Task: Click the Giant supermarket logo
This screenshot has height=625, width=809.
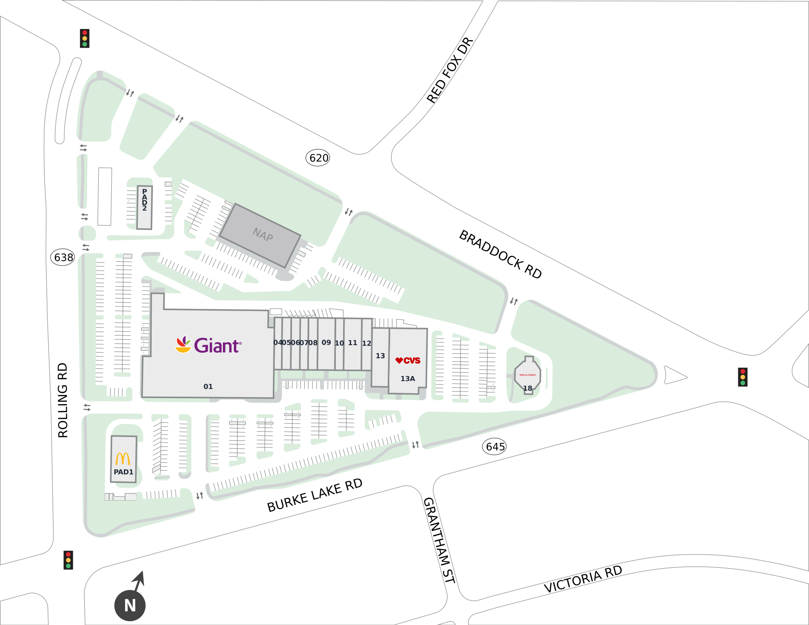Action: coord(209,345)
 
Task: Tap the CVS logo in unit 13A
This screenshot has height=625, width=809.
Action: coord(407,360)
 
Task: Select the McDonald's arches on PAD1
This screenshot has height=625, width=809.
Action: coord(123,459)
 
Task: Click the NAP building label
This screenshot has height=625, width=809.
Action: coord(263,235)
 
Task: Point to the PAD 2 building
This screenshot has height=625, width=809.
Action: coord(145,207)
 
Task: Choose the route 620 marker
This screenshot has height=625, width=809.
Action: coord(318,158)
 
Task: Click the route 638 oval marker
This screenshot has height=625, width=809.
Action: coord(63,257)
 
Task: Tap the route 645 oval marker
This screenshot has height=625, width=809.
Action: coord(494,447)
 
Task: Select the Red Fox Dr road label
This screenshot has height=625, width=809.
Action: coord(450,70)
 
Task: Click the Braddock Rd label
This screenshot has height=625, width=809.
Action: coord(500,254)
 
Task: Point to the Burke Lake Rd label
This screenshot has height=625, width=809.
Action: coord(315,495)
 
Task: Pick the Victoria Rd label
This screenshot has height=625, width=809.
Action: coord(583,579)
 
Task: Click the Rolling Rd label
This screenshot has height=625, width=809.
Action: coord(63,400)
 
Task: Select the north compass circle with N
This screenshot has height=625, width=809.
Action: coord(130,606)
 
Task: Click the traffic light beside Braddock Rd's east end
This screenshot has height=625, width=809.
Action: coord(742,377)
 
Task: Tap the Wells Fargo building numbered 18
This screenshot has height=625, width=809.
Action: coord(528,376)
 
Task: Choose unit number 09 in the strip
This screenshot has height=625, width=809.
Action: coord(326,343)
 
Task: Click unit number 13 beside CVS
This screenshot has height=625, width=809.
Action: coord(380,356)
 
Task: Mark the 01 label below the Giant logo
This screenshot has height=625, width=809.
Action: coord(208,386)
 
